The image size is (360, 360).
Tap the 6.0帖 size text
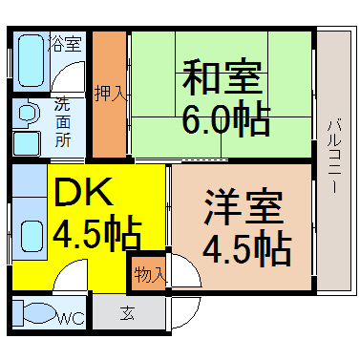point(225,119)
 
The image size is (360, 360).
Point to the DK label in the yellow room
point(83,194)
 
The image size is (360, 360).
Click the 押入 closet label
point(110,94)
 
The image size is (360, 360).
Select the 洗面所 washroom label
point(61,122)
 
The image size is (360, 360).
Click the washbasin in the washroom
point(28,115)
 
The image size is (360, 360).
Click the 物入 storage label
point(150,274)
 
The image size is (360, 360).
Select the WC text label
point(72,320)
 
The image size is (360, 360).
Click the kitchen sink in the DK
point(31,235)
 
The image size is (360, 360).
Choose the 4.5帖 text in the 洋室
point(246,249)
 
